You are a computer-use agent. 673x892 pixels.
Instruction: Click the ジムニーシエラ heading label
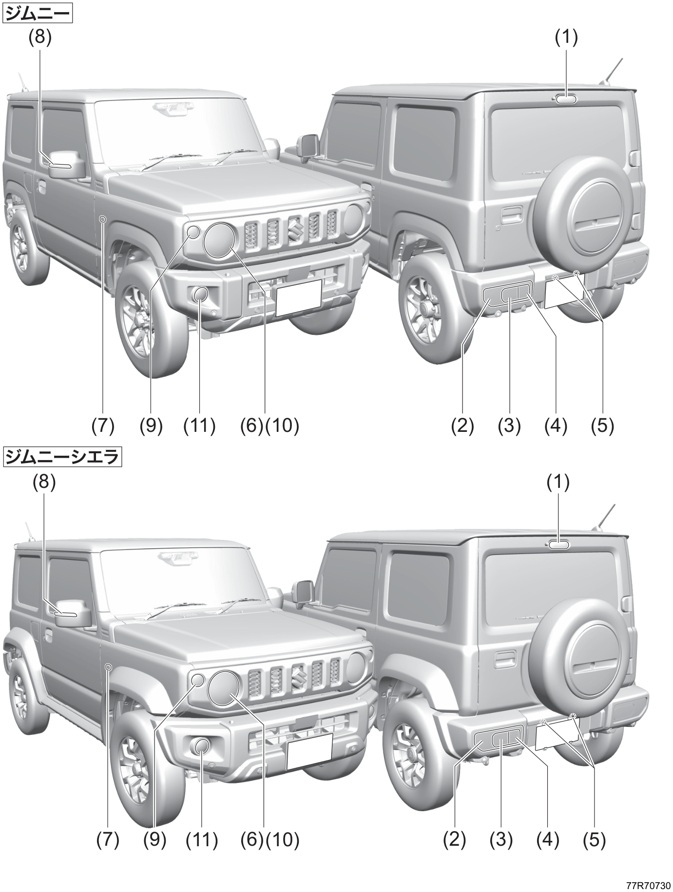point(62,457)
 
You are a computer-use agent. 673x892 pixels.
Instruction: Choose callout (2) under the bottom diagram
point(454,840)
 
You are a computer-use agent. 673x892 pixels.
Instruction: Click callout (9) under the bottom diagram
point(154,840)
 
